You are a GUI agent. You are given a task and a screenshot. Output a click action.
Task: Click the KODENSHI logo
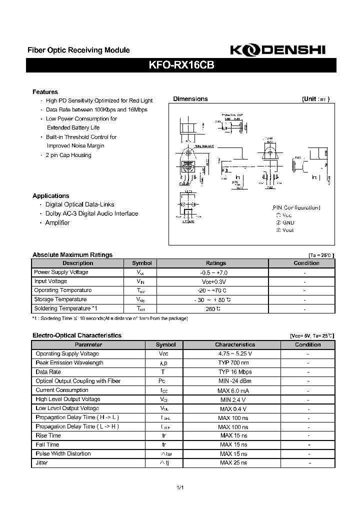click(277, 50)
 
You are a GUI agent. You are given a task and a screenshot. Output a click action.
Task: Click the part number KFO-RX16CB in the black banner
click(180, 65)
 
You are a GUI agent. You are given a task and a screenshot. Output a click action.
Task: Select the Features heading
click(45, 92)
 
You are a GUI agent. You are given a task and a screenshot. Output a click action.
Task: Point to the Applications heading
click(50, 196)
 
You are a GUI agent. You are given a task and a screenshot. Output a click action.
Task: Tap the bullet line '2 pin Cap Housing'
click(68, 155)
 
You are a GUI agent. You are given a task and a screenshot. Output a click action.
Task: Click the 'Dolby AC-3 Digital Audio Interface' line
click(91, 213)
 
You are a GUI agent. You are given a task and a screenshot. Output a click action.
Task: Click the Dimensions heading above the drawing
click(190, 99)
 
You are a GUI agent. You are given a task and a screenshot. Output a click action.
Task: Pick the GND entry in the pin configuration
click(288, 222)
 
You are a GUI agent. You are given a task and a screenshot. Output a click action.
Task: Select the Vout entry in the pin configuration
click(288, 230)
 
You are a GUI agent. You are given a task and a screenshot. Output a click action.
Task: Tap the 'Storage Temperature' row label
click(60, 299)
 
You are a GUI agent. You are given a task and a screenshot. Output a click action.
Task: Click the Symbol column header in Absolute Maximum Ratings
click(141, 263)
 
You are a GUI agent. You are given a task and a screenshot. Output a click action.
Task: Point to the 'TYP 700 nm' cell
click(235, 363)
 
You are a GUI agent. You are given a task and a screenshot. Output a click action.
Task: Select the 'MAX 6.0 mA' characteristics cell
click(235, 390)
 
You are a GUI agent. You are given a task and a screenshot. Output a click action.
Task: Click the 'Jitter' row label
click(42, 463)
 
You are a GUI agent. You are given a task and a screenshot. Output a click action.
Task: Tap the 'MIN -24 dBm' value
click(235, 381)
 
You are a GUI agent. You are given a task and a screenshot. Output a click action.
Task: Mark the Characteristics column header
click(235, 344)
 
